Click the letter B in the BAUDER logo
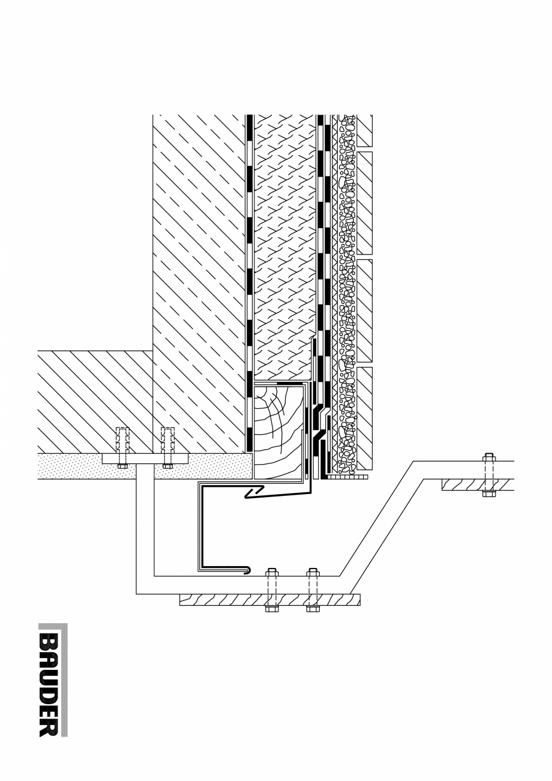pos(49,641)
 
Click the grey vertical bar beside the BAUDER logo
pos(65,680)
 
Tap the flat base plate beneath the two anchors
pos(145,459)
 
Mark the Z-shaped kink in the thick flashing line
pos(253,493)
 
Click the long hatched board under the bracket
pos(228,599)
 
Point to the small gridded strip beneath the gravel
pos(348,477)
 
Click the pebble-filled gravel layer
pos(347,288)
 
